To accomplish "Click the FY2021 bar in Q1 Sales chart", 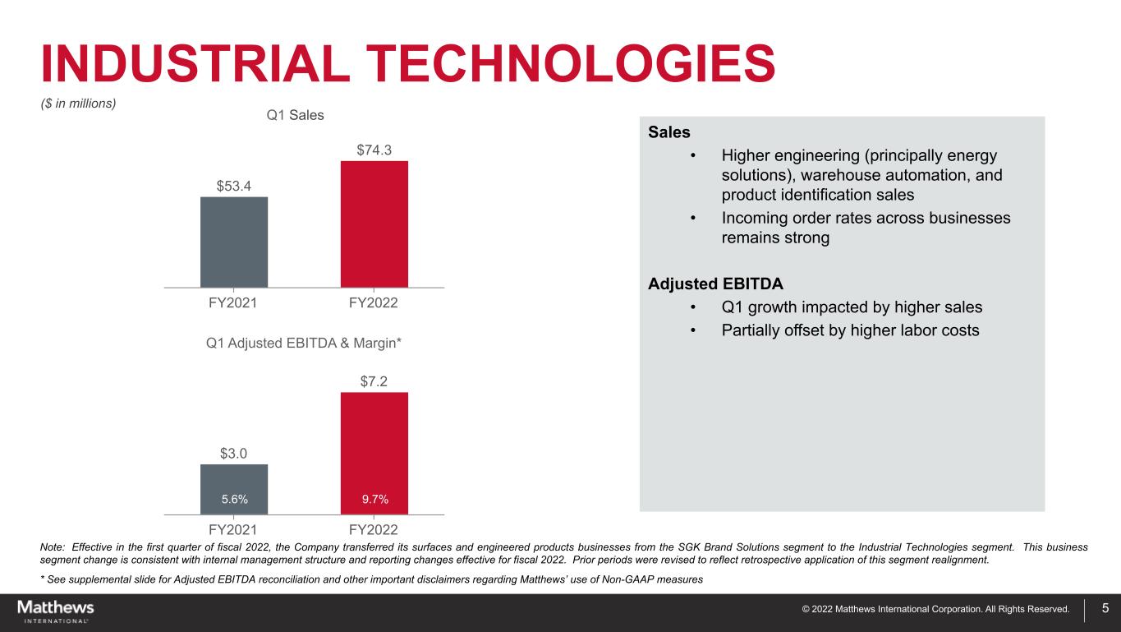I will [x=234, y=242].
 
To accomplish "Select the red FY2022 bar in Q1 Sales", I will [x=374, y=224].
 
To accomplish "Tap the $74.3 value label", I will [x=374, y=150].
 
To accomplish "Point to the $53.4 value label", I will [x=234, y=186].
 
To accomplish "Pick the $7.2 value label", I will [x=374, y=381].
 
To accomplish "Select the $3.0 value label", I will [x=234, y=454].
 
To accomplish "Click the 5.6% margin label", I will [x=235, y=499].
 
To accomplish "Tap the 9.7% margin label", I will [x=374, y=499].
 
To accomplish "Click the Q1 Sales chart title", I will [x=296, y=115].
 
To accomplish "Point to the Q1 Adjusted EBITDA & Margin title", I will [x=304, y=342].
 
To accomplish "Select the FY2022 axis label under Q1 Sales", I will [x=374, y=303].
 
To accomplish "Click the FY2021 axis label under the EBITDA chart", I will [x=234, y=528].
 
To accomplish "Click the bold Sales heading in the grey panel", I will [x=668, y=132].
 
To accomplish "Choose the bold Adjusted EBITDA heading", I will [x=715, y=284].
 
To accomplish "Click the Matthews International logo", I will [x=56, y=611].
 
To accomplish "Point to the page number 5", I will [x=1105, y=609].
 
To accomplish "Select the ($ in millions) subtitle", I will [x=79, y=104].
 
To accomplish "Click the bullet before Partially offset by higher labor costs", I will [x=694, y=330].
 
